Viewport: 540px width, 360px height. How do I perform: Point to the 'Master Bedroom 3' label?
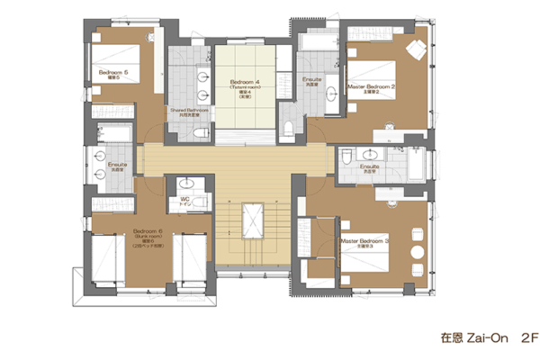[364, 241]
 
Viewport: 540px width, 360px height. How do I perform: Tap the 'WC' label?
[184, 200]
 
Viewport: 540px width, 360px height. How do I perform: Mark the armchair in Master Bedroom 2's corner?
[416, 47]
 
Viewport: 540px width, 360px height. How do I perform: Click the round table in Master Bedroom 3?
[415, 250]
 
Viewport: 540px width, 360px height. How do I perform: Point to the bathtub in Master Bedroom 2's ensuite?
[317, 41]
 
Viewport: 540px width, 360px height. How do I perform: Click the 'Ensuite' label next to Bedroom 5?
[118, 166]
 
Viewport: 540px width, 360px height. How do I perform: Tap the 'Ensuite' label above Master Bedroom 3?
[368, 167]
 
